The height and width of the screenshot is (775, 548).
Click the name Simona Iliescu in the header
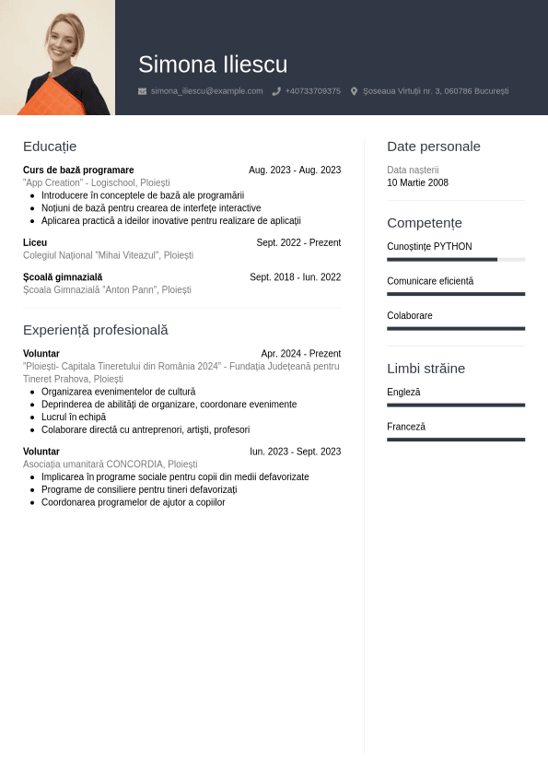point(213,65)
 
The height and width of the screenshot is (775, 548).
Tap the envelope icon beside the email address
point(142,91)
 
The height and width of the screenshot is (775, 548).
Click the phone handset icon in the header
point(276,91)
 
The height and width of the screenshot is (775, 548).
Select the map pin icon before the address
point(354,91)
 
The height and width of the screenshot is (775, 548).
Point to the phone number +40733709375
point(312,91)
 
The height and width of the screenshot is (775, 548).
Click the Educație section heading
point(50,147)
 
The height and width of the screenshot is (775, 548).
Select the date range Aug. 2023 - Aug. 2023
point(295,170)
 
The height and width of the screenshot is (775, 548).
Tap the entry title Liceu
point(35,243)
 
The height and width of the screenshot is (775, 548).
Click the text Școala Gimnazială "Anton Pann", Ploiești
point(107,290)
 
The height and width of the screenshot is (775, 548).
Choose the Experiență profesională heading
point(96,330)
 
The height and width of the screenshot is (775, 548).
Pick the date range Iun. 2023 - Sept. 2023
point(295,452)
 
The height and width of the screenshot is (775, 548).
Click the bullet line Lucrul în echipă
point(74,417)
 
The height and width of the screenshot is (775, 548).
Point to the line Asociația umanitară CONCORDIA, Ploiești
point(110,464)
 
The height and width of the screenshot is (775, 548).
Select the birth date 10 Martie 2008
point(417,183)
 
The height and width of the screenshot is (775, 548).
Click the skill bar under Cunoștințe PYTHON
point(455,260)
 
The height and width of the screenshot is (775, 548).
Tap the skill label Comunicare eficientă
point(430,281)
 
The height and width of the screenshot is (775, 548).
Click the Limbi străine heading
point(426,369)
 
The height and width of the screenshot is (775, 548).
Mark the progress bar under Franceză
point(455,440)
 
